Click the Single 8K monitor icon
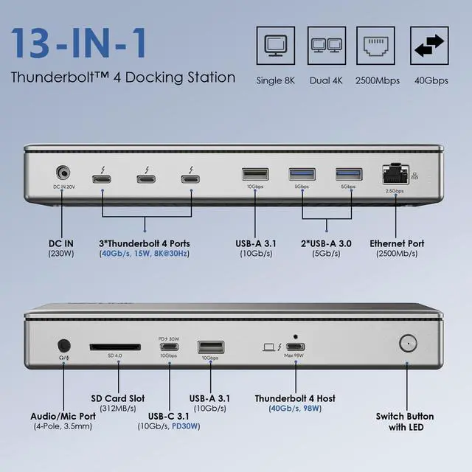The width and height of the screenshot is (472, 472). click(275, 47)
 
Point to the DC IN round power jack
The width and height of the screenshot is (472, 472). click(64, 174)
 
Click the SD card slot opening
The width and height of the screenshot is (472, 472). click(114, 346)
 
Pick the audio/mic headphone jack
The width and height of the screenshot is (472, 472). click(64, 344)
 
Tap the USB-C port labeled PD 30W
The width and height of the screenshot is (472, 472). click(169, 347)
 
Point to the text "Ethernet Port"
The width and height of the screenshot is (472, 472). click(398, 243)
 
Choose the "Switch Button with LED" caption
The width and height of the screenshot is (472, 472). click(405, 421)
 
